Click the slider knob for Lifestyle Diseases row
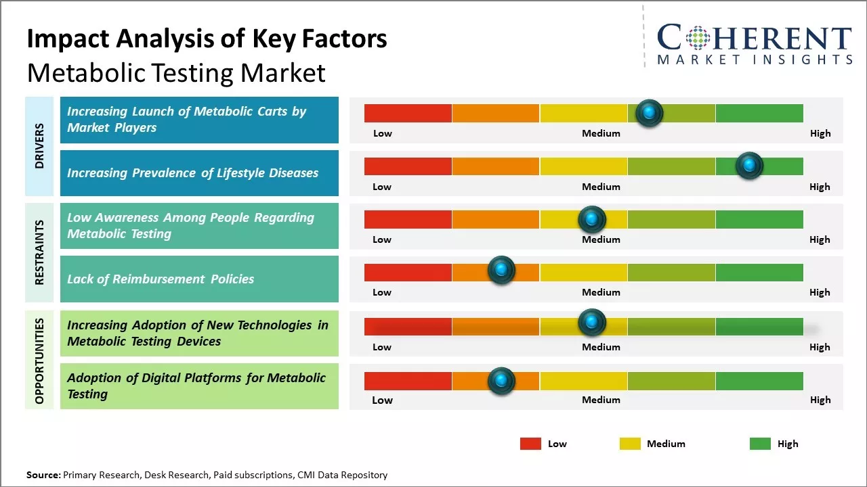coord(749,166)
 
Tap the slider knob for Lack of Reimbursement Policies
coord(501,271)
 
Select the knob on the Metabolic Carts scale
coord(650,113)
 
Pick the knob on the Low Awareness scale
coord(591,219)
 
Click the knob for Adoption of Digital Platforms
coord(501,381)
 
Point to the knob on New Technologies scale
coord(591,323)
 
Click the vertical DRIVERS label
coord(39,145)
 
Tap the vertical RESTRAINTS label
coord(39,252)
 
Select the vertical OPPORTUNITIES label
coord(39,361)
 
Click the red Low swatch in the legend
coord(530,444)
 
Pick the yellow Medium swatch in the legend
coord(630,444)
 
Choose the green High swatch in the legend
coord(760,444)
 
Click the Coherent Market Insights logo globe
coord(698,38)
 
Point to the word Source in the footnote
coord(43,475)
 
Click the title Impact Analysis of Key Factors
coord(207,39)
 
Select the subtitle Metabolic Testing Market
coord(176,72)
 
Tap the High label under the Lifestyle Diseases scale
coord(820,187)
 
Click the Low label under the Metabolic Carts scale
coord(383,133)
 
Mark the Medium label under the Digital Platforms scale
coord(601,400)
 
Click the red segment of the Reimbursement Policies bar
coord(408,272)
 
